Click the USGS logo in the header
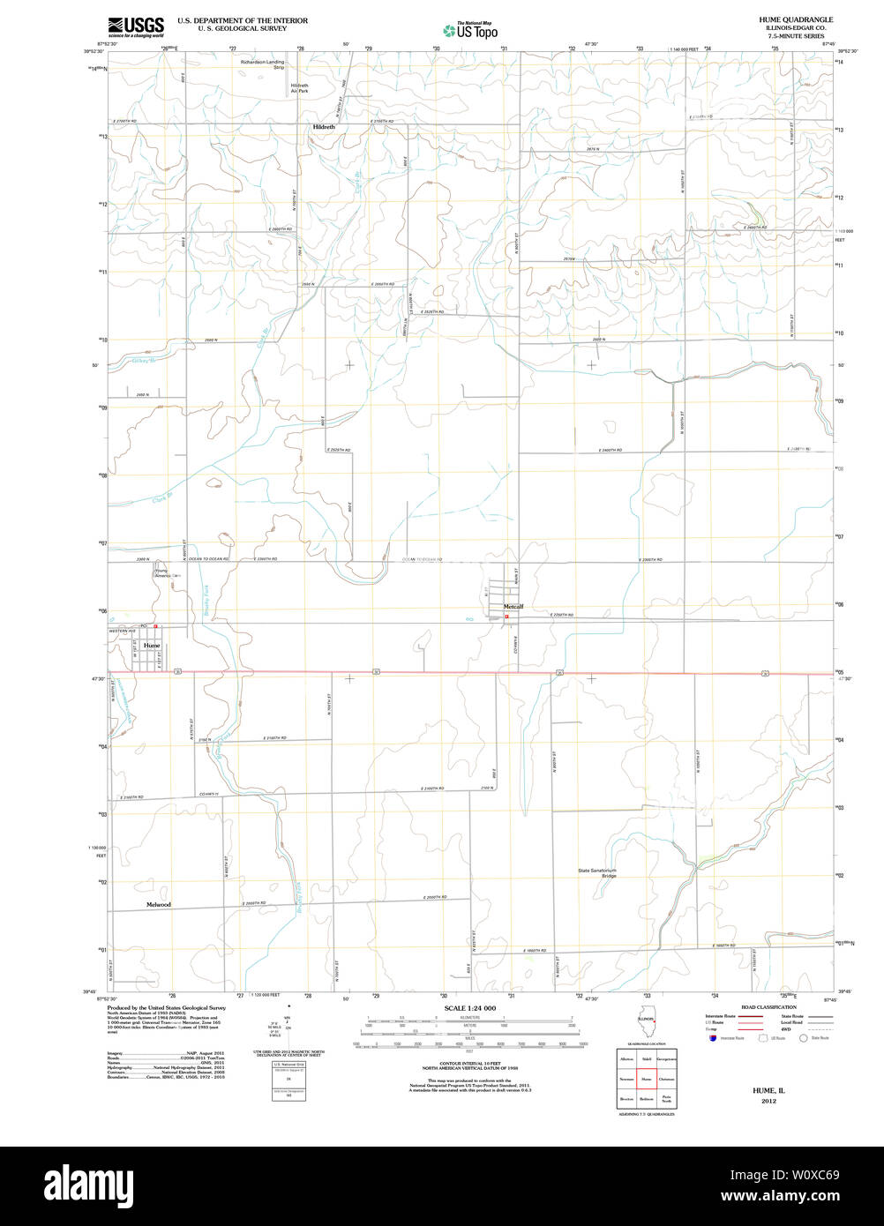point(136,26)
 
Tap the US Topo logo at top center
point(471,31)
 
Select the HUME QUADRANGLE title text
point(795,19)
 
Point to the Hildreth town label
point(324,127)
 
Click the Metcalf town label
point(513,607)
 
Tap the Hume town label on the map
point(152,646)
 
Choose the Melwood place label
point(159,905)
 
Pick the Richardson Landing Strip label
point(263,65)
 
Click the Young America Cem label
point(166,573)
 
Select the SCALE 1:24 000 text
point(470,1008)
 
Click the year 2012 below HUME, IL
point(763,1102)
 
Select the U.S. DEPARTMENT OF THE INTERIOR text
point(243,19)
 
